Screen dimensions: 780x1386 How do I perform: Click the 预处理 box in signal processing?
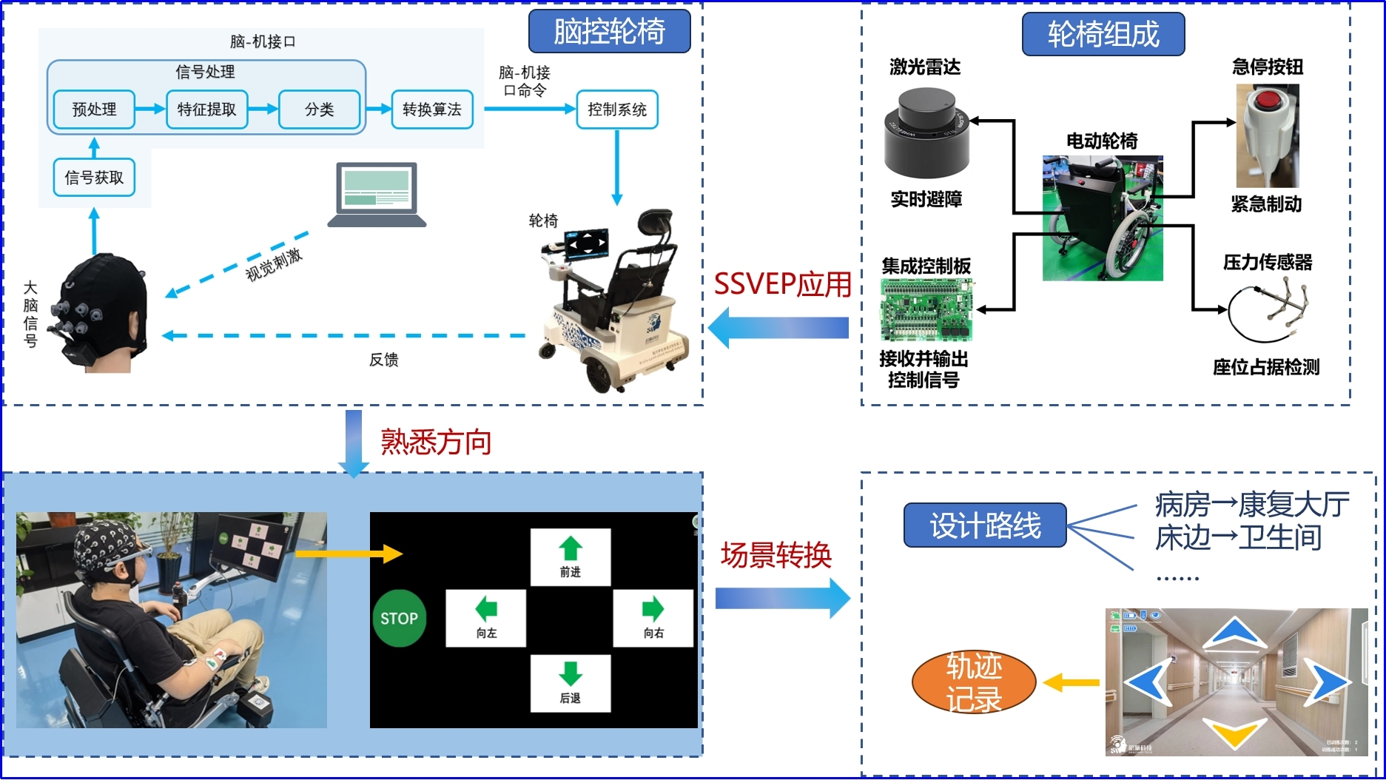pos(94,110)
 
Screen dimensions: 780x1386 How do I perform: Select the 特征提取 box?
pos(206,110)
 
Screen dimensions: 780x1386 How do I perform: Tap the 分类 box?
pos(319,110)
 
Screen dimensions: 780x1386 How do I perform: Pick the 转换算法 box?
pos(432,110)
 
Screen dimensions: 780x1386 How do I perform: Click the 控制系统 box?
pos(617,110)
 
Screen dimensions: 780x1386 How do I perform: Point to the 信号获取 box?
pos(94,178)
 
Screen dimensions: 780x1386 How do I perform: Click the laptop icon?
pos(377,195)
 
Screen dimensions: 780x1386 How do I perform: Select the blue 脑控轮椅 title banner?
pos(609,31)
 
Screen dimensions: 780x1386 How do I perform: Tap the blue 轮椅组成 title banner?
pos(1103,34)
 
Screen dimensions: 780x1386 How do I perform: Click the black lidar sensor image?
pos(926,133)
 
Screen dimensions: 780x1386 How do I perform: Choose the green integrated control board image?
pos(926,309)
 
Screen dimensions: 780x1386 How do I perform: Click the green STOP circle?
pos(399,619)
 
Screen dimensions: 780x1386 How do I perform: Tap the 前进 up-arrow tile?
pos(571,557)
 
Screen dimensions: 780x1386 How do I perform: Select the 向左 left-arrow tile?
pos(486,618)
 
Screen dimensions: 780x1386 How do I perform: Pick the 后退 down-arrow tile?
pos(571,683)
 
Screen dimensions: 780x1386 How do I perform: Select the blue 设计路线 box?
pos(985,525)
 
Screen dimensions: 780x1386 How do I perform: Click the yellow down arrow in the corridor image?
pos(1235,732)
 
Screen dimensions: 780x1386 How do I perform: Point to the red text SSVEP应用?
pos(782,284)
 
